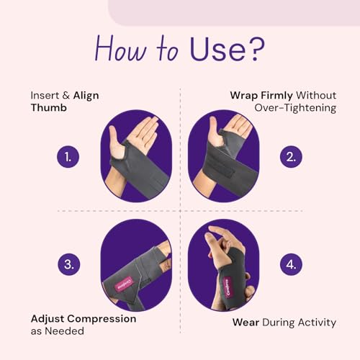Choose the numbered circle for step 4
[291, 264]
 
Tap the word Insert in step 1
[45, 94]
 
